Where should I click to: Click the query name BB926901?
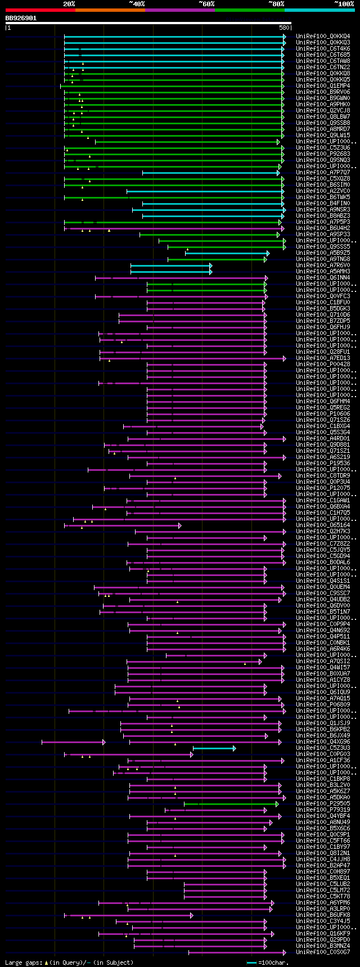point(21,18)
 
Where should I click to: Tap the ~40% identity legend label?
point(137,4)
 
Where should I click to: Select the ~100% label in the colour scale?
point(344,4)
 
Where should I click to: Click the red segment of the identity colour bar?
point(40,10)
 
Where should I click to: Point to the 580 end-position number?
point(283,27)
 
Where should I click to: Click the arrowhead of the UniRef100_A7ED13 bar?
point(285,358)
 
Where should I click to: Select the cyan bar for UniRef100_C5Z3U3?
point(214,748)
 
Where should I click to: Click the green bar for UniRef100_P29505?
point(231,804)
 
